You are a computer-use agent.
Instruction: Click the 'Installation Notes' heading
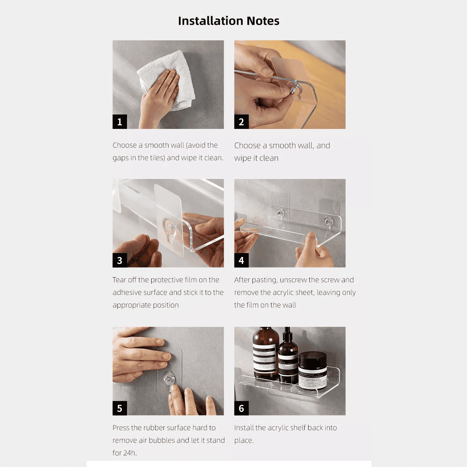(x=229, y=21)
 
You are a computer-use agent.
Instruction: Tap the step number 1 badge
(x=120, y=122)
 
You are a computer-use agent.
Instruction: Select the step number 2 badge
(x=241, y=122)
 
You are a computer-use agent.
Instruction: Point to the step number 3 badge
(x=120, y=260)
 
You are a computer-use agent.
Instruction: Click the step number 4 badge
(x=241, y=260)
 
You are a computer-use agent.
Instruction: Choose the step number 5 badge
(x=120, y=408)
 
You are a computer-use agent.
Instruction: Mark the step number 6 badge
(x=241, y=408)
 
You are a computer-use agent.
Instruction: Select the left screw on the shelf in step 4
(x=279, y=213)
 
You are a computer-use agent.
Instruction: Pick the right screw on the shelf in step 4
(x=328, y=221)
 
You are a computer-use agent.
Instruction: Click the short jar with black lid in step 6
(x=313, y=371)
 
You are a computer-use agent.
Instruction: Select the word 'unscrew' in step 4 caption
(x=293, y=280)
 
